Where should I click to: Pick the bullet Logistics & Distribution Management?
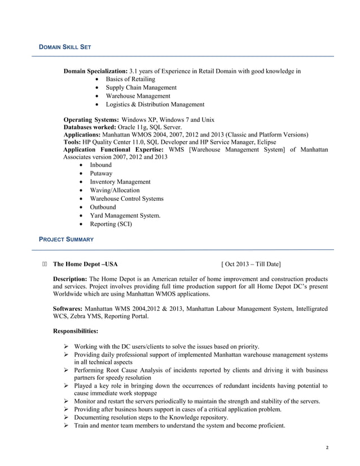point(147,104)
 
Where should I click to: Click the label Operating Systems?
point(91,120)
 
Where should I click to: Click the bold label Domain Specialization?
point(96,72)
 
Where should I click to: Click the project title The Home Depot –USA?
point(85,264)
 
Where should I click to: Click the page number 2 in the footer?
point(327,447)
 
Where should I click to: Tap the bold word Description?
point(70,279)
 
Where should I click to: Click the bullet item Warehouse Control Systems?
point(126,199)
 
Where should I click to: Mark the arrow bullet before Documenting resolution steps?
point(66,417)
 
